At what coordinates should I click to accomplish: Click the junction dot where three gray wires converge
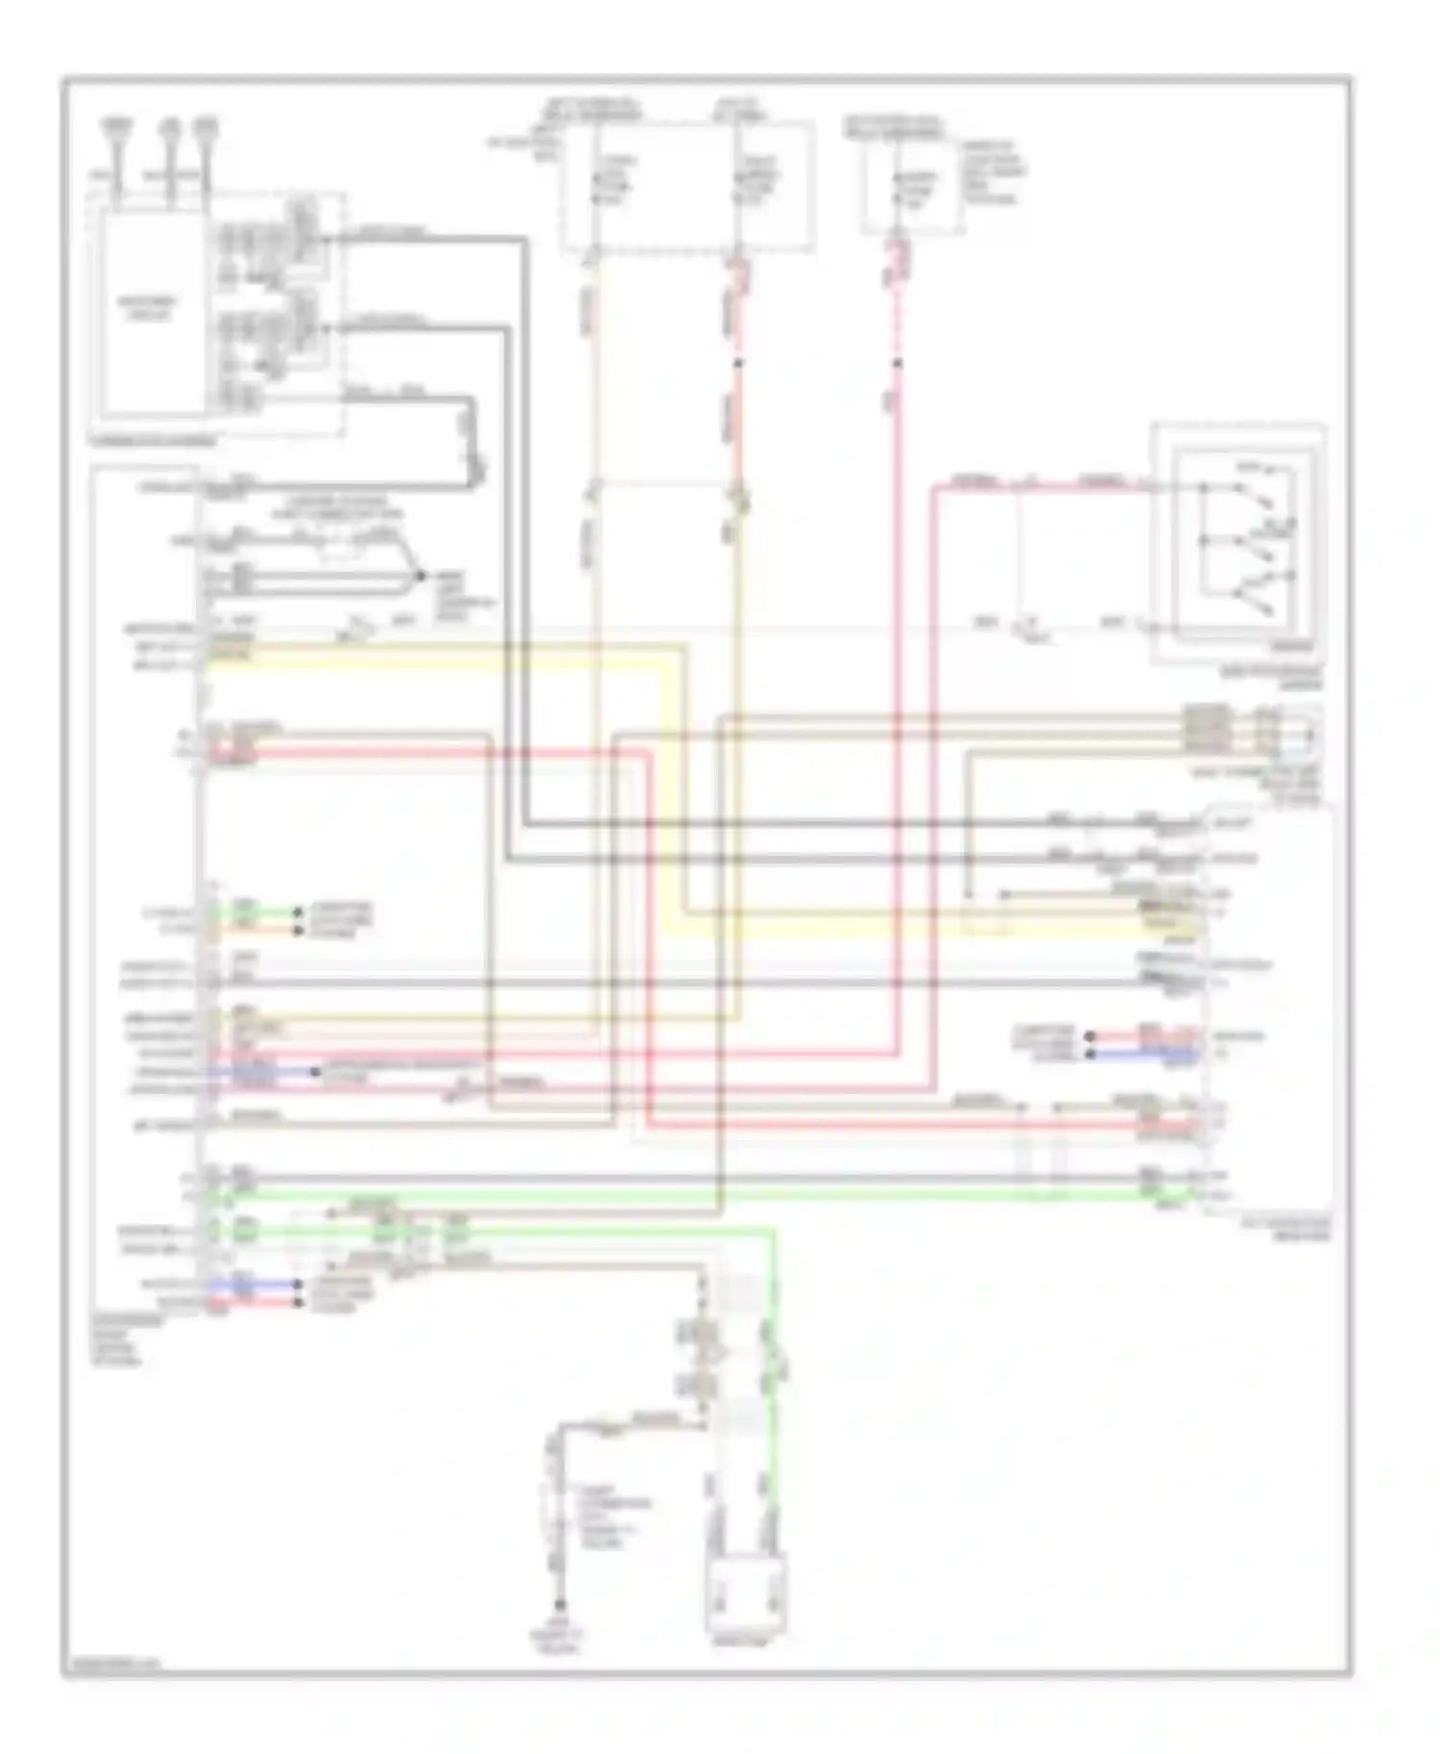[420, 577]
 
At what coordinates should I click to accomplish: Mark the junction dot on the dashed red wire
[898, 364]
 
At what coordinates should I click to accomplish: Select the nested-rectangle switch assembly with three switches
[1238, 543]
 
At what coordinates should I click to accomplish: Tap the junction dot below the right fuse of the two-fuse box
[737, 364]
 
